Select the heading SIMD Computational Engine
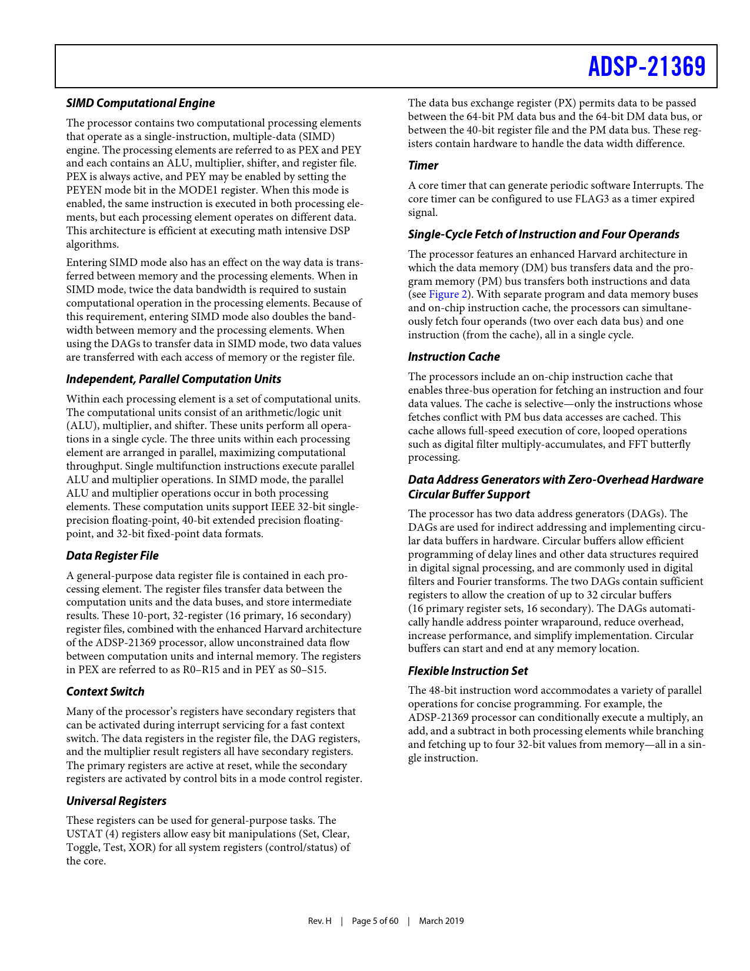[141, 104]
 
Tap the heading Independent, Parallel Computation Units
[174, 380]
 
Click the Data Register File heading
[112, 556]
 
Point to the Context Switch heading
[105, 692]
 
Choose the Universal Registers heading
[116, 802]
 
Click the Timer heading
[424, 166]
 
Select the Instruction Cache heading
[454, 357]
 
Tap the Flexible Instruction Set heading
[468, 671]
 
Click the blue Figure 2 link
[448, 295]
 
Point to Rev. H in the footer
[320, 921]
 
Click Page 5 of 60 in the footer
[375, 921]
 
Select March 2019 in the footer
[441, 921]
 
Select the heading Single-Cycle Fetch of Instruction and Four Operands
[544, 235]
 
